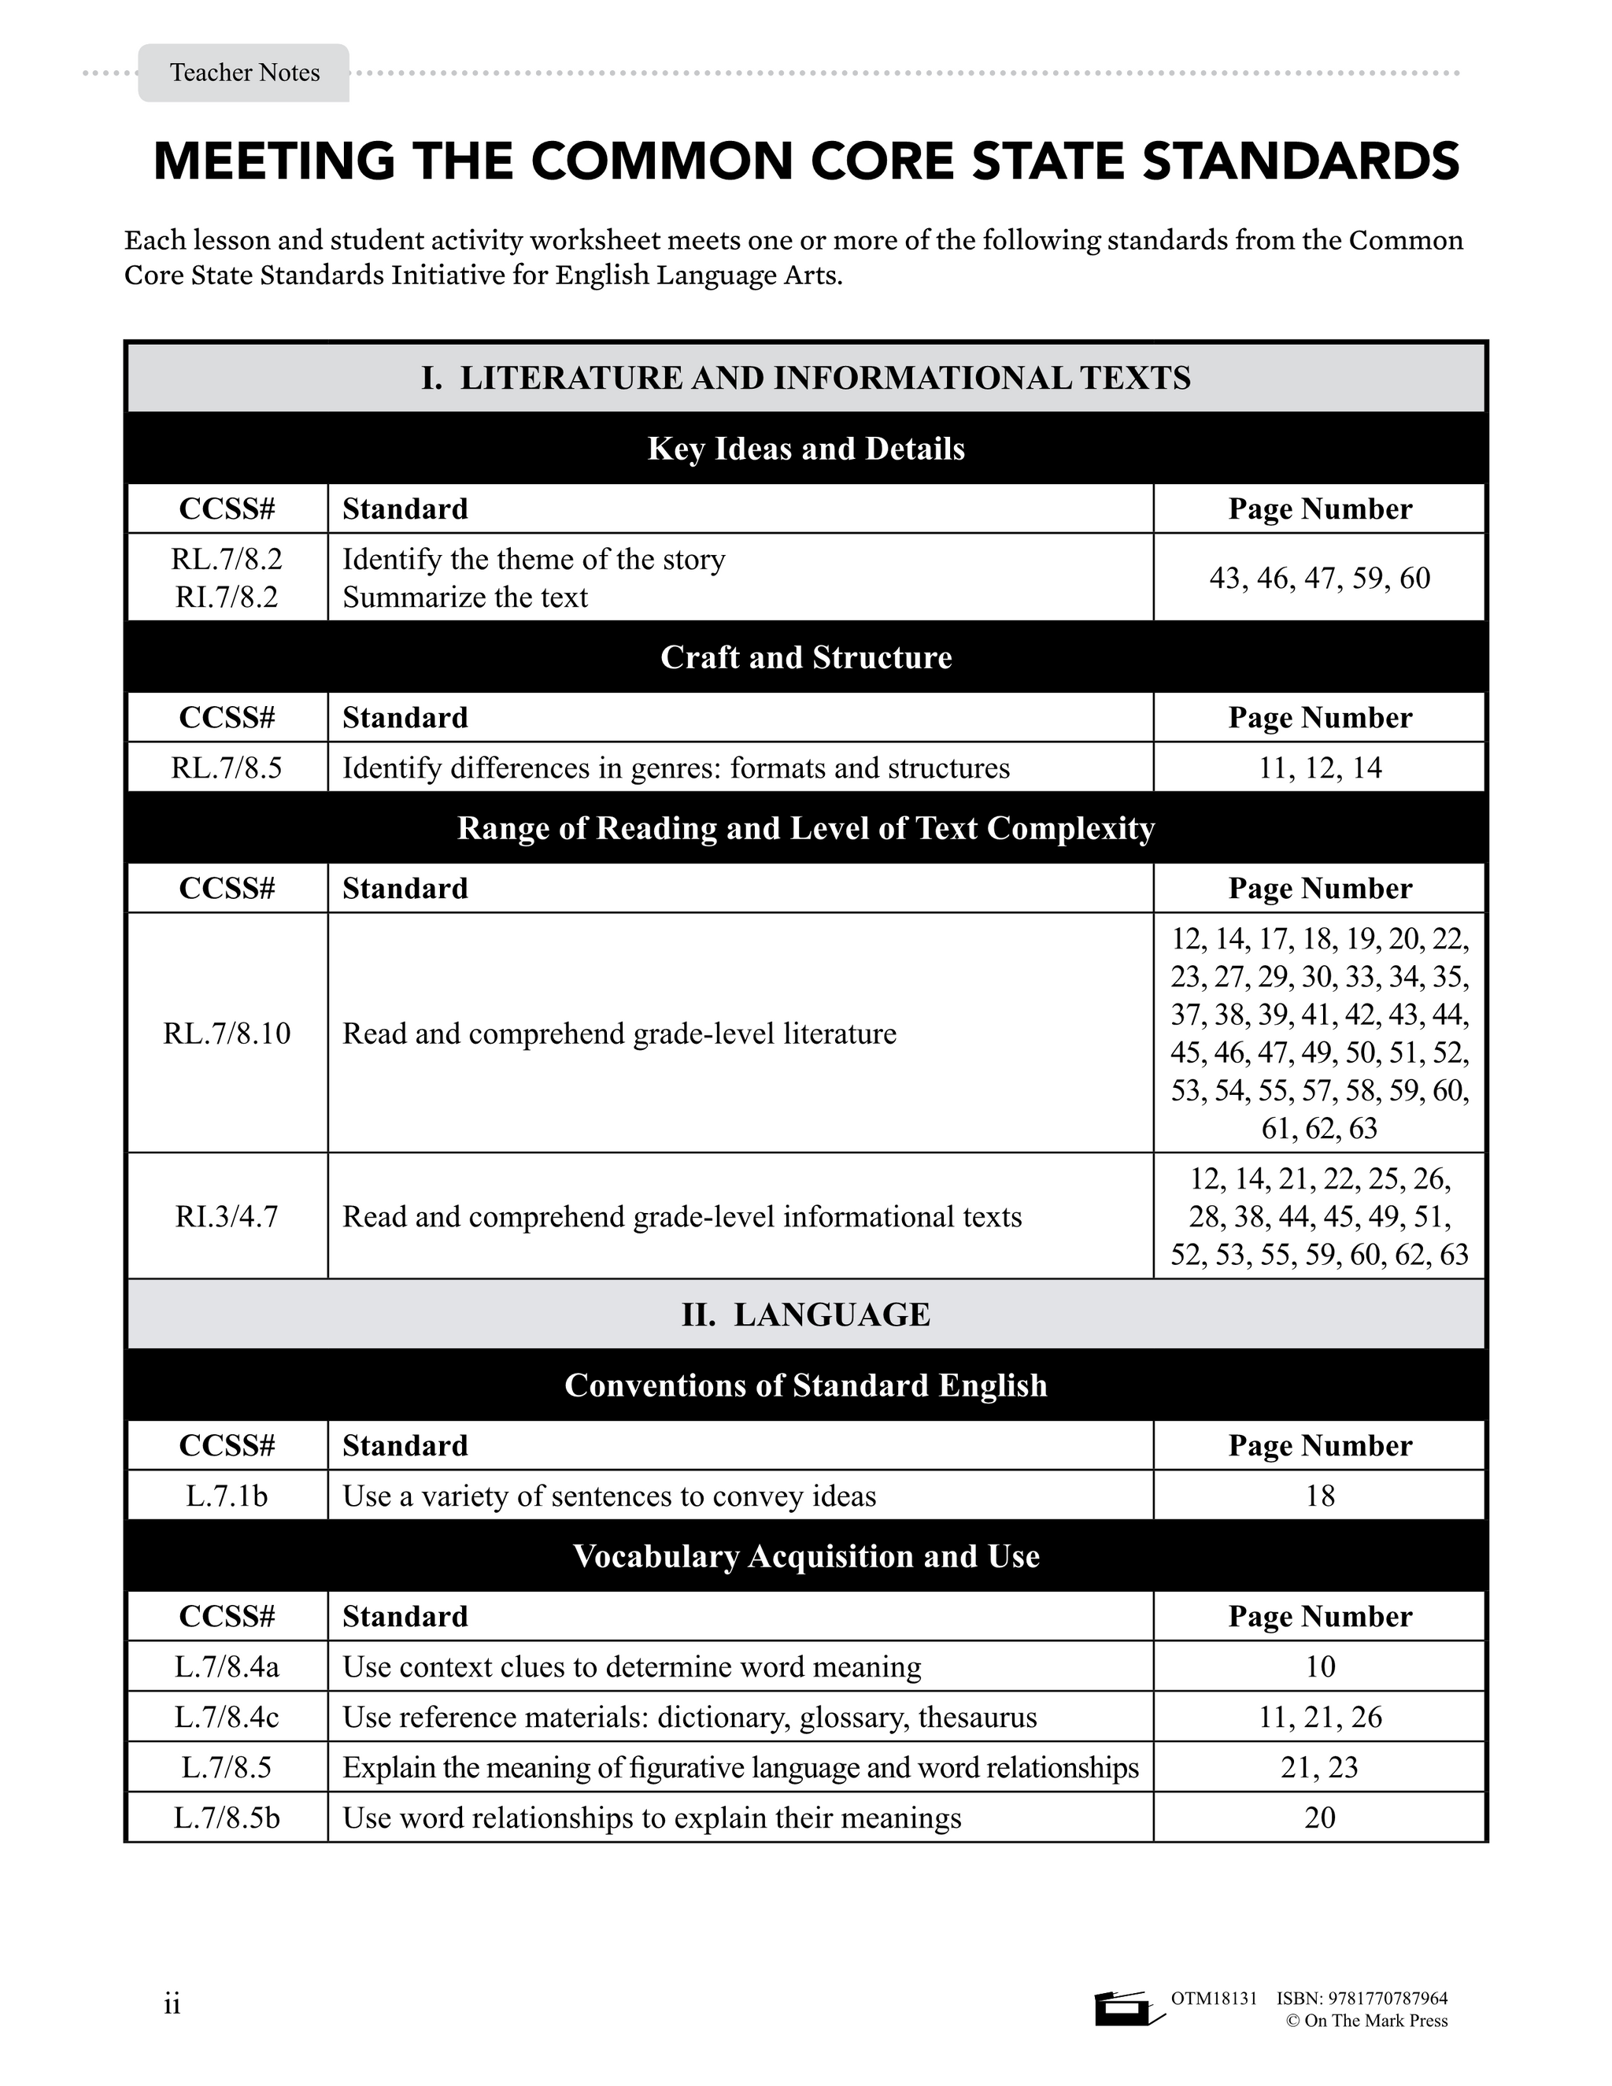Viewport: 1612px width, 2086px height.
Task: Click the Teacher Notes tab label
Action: (x=245, y=72)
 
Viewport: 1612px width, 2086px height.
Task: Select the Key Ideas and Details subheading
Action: (x=806, y=449)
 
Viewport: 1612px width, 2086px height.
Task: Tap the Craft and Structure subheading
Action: (x=806, y=657)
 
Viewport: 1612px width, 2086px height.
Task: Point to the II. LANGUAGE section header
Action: (x=806, y=1315)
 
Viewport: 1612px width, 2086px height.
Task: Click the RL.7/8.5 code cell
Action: (x=227, y=768)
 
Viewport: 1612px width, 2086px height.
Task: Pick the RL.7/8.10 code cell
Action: (x=227, y=1034)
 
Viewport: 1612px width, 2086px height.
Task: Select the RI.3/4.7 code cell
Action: (x=227, y=1217)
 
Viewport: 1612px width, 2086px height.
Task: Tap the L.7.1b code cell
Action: (x=227, y=1496)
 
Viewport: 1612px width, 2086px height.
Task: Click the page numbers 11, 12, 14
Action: (x=1320, y=768)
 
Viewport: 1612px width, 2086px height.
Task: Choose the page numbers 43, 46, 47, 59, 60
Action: (x=1320, y=578)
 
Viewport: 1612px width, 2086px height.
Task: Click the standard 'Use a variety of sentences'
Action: (x=609, y=1496)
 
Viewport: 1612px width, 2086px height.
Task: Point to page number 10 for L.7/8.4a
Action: (x=1320, y=1666)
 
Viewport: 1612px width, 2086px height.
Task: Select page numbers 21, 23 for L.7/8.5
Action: (x=1320, y=1767)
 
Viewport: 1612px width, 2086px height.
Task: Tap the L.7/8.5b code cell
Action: (x=227, y=1818)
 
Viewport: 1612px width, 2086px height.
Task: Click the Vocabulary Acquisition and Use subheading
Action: (x=806, y=1556)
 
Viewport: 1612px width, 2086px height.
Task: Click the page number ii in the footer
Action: (x=172, y=2004)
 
